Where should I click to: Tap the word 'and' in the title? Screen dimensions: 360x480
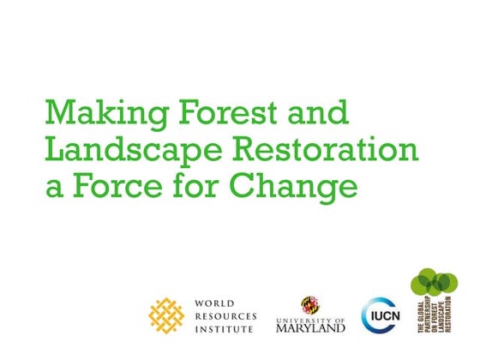[x=321, y=112]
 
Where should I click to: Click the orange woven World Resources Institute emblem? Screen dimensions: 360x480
[x=168, y=314]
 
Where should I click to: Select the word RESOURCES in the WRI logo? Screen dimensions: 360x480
[x=226, y=315]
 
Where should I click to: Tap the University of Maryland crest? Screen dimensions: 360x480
[x=310, y=304]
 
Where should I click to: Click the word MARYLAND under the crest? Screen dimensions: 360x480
[x=311, y=327]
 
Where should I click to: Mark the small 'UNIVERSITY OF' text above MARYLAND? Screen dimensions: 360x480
[x=311, y=317]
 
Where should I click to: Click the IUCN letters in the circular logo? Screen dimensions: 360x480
[x=381, y=315]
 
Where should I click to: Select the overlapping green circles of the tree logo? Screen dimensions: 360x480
[x=432, y=283]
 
